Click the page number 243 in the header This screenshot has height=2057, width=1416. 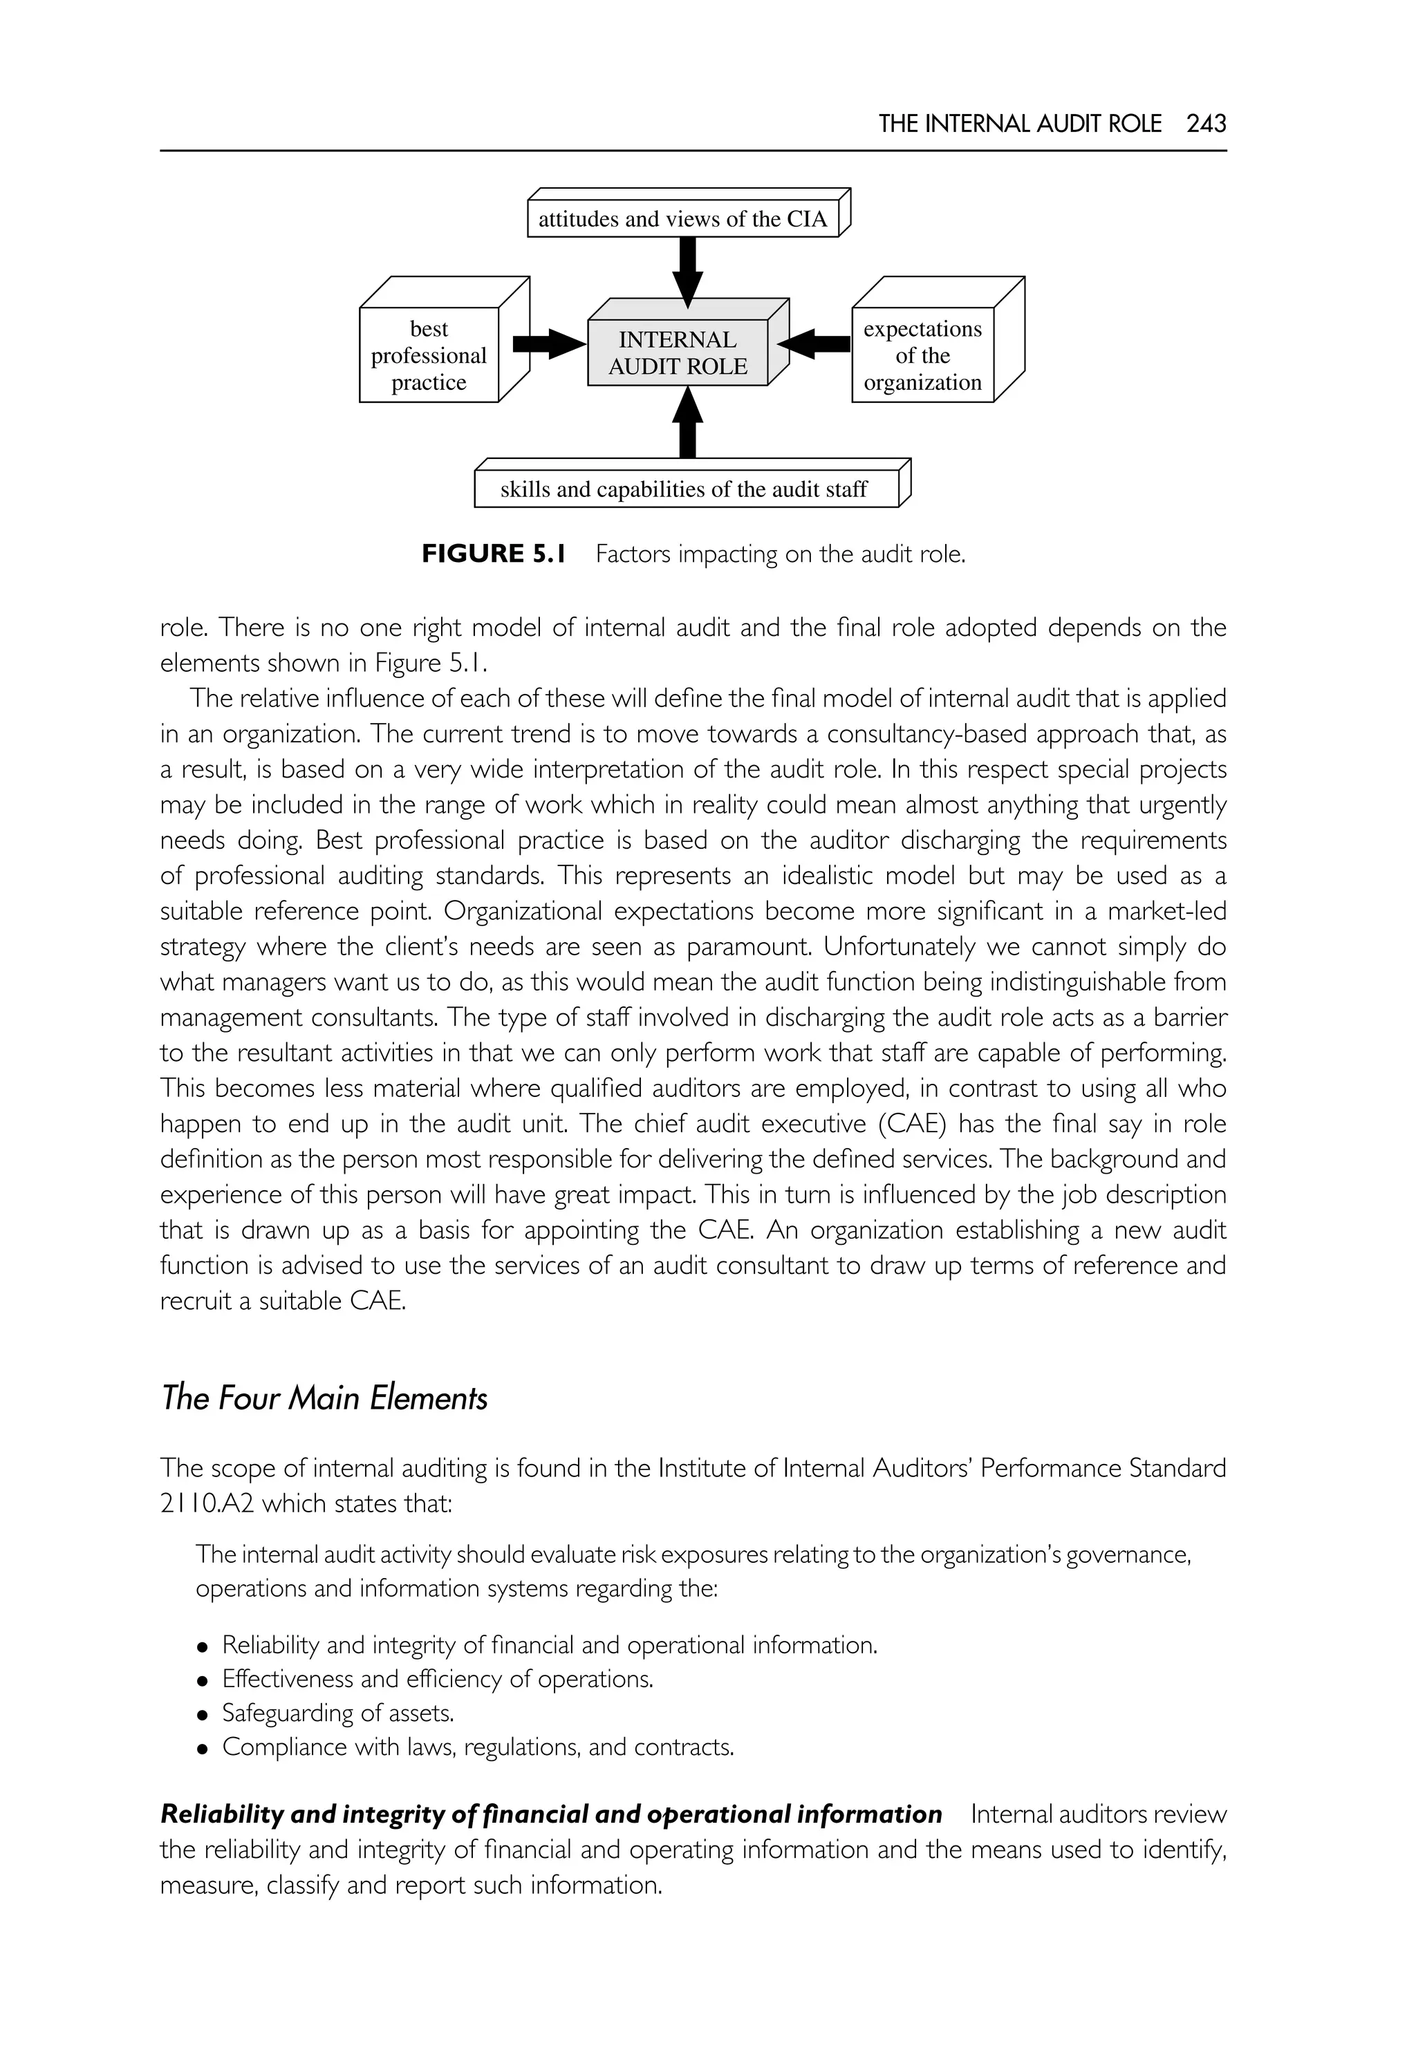coord(1206,124)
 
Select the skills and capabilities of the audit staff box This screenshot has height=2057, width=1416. coord(685,489)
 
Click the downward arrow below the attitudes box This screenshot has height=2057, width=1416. coord(687,270)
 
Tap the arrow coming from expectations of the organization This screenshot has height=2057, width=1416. coord(818,344)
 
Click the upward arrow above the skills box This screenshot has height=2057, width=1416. coord(687,424)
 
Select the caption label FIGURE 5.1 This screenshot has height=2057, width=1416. coord(493,554)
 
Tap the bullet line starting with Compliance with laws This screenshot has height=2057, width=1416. coord(477,1747)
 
